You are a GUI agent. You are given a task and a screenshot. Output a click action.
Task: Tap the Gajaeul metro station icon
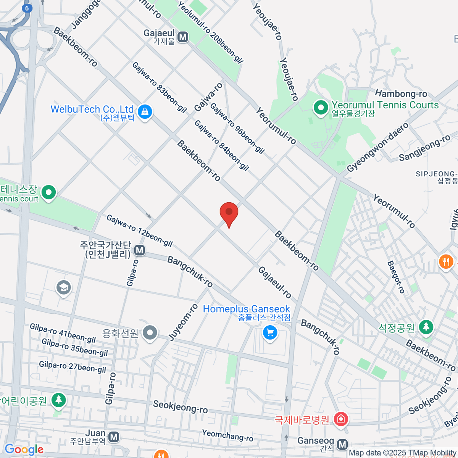tap(183, 37)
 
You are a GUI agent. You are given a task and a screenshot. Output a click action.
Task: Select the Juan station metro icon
tap(114, 437)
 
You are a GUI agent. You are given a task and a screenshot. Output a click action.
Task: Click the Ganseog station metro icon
tap(342, 444)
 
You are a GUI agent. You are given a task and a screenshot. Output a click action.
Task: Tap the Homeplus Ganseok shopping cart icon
tap(270, 333)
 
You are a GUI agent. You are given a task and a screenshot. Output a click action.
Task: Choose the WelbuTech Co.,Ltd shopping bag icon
tap(145, 112)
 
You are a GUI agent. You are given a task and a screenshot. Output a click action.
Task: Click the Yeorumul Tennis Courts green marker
tap(321, 108)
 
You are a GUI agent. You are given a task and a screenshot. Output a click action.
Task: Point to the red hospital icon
tap(340, 419)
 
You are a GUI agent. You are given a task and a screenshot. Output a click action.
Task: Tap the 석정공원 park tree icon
tap(426, 327)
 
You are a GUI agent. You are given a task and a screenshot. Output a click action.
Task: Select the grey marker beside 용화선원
tap(150, 333)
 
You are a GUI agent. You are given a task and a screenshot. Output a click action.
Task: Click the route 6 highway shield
tap(27, 8)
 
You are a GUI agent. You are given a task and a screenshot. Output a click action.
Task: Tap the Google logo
tap(24, 450)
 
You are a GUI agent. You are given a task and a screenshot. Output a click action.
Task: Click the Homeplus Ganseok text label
tap(246, 309)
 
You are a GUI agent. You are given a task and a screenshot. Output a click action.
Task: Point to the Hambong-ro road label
tap(401, 94)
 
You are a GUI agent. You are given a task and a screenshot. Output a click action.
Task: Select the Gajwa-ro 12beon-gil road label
tap(139, 231)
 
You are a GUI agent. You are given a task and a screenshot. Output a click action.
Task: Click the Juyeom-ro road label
tap(184, 322)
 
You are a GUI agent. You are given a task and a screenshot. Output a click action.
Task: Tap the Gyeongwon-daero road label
tap(377, 147)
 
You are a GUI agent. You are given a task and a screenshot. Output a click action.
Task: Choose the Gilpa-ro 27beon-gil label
tap(73, 367)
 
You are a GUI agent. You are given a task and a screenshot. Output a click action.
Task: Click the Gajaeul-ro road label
tap(275, 282)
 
